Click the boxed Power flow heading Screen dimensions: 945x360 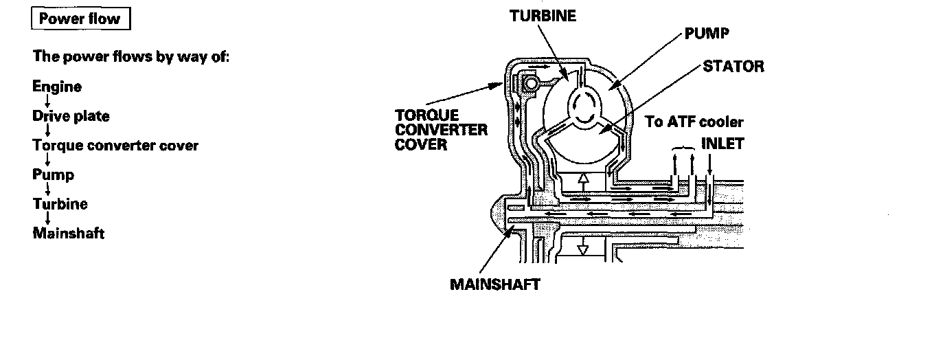click(80, 19)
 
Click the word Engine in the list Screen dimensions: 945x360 click(57, 87)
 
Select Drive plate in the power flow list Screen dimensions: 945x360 click(71, 116)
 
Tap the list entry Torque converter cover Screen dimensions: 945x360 click(115, 146)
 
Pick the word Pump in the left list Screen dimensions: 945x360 click(53, 175)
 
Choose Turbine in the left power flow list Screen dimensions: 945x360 click(60, 204)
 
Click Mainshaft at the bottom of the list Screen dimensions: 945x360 click(69, 234)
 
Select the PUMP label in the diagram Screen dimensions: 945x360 click(708, 34)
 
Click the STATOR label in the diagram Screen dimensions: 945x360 click(733, 66)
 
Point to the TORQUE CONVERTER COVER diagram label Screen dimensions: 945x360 click(441, 130)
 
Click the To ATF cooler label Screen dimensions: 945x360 click(694, 122)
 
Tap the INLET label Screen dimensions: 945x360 click(722, 145)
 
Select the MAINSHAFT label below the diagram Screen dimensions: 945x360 click(495, 283)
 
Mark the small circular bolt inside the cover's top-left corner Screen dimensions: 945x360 click(530, 84)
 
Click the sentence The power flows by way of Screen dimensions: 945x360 click(130, 56)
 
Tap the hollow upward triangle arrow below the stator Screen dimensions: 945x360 click(583, 181)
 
